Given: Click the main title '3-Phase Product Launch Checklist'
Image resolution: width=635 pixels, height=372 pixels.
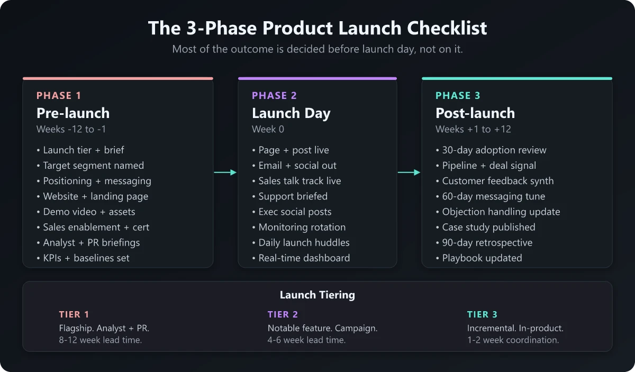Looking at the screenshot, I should click(x=317, y=28).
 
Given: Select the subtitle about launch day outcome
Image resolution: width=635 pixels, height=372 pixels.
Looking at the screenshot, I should click(x=317, y=49).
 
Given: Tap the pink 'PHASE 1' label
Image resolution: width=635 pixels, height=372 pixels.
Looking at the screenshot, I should click(x=59, y=96).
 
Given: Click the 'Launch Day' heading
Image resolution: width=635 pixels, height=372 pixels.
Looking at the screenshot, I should click(x=291, y=113).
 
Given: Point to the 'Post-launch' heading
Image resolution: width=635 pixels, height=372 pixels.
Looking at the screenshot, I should click(x=475, y=113).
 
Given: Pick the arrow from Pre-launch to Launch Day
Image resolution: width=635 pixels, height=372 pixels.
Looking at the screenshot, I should click(x=225, y=173).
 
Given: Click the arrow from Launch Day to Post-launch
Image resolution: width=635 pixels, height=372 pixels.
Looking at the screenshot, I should click(x=409, y=173).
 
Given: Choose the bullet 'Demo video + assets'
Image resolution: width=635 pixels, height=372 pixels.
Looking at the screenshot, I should click(x=86, y=212).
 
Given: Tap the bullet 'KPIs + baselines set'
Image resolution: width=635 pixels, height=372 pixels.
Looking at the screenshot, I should click(x=83, y=258).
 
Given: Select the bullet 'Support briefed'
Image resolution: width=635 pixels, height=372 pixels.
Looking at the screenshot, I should click(x=289, y=196).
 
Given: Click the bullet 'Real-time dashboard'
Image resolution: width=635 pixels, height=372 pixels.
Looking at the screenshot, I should click(x=301, y=258).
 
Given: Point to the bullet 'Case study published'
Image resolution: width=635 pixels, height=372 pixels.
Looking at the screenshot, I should click(x=485, y=227).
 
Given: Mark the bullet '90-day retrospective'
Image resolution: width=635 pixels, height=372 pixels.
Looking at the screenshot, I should click(x=484, y=243).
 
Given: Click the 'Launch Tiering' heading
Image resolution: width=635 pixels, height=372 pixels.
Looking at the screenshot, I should click(x=317, y=295).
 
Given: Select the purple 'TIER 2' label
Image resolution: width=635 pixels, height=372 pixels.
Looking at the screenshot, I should click(x=283, y=315).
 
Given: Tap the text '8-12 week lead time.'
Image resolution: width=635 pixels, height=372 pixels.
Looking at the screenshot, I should click(x=101, y=340).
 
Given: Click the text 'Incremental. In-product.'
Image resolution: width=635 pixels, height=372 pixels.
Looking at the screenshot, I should click(x=515, y=328).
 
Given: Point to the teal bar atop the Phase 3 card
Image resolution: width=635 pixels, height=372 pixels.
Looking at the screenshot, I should click(x=516, y=78).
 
